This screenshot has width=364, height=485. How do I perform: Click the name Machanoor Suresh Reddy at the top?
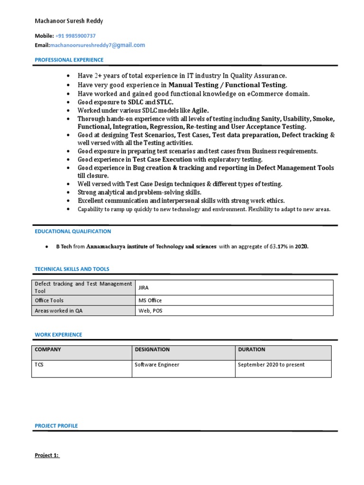[x=69, y=21]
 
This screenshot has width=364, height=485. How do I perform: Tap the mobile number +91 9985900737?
[x=75, y=36]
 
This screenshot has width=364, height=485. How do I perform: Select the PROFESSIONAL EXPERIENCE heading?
[x=69, y=60]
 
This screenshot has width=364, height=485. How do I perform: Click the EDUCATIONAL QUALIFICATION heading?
[x=73, y=231]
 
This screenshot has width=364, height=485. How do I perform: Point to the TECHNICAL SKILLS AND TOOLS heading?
[x=72, y=269]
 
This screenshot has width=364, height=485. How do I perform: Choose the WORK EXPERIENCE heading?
[x=58, y=334]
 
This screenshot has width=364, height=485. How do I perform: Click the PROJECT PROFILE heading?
[x=56, y=426]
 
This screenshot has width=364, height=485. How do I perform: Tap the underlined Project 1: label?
[x=47, y=455]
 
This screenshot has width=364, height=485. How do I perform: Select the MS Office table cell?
[x=150, y=300]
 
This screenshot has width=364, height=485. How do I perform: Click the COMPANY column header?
[x=48, y=350]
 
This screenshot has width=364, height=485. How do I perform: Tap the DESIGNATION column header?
[x=152, y=350]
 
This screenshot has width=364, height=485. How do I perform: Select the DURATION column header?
[x=252, y=350]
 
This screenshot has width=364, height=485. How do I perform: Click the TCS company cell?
[x=39, y=365]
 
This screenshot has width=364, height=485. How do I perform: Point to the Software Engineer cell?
[x=157, y=365]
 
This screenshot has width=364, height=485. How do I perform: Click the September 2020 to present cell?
[x=271, y=365]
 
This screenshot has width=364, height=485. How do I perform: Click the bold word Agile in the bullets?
[x=200, y=110]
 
